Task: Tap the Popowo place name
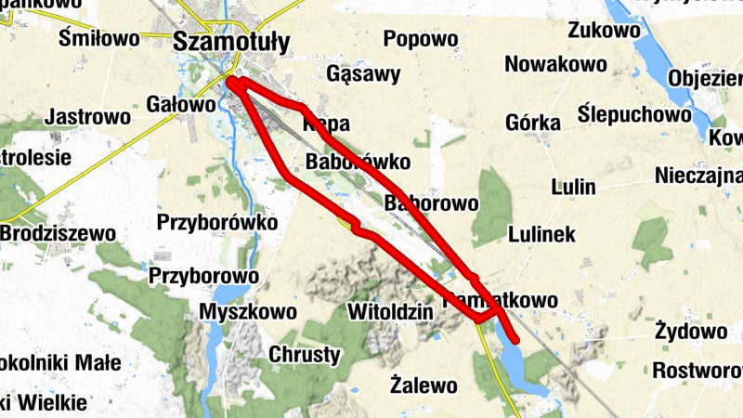pyautogui.click(x=421, y=39)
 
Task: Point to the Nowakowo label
pyautogui.click(x=555, y=64)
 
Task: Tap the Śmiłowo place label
pyautogui.click(x=98, y=38)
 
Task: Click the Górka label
pyautogui.click(x=533, y=123)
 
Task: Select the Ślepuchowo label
pyautogui.click(x=634, y=114)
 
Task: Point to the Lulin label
pyautogui.click(x=572, y=186)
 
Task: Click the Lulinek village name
pyautogui.click(x=542, y=234)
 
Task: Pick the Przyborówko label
pyautogui.click(x=217, y=223)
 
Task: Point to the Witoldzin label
pyautogui.click(x=390, y=311)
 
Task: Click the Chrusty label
pyautogui.click(x=305, y=354)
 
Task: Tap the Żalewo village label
pyautogui.click(x=424, y=383)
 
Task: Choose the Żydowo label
pyautogui.click(x=690, y=331)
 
